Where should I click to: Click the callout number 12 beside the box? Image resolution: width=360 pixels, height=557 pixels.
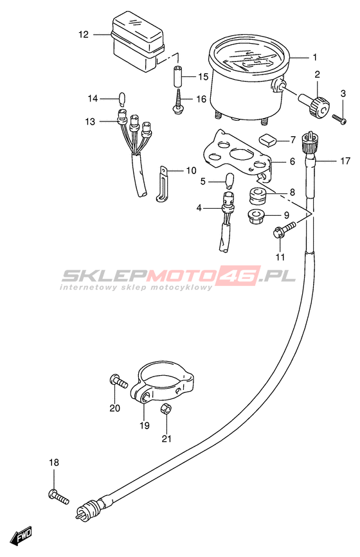[84, 35]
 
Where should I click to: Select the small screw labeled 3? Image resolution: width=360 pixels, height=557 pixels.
[339, 119]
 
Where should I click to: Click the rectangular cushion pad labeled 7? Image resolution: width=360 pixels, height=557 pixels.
[271, 139]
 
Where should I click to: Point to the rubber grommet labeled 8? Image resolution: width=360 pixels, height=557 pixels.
[257, 196]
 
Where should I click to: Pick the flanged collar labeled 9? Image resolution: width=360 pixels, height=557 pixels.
[256, 217]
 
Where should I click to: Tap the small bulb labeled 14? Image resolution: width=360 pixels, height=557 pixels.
[122, 99]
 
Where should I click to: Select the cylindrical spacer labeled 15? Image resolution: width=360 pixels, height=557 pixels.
[179, 76]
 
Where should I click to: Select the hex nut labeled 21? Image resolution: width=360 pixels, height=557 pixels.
[165, 409]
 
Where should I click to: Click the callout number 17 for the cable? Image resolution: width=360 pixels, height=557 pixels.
[345, 161]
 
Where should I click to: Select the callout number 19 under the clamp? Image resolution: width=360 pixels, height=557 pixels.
[145, 425]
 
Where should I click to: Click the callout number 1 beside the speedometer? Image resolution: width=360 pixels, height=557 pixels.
[314, 57]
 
